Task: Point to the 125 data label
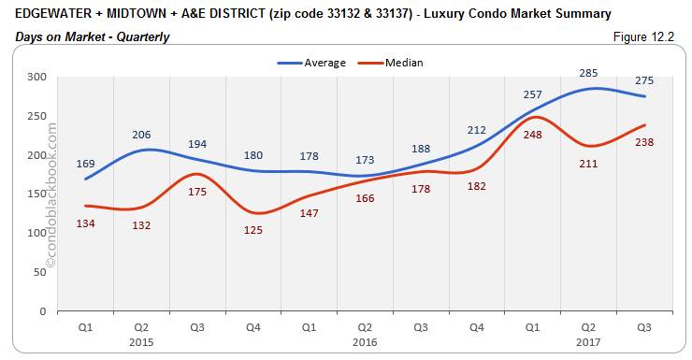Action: (252, 230)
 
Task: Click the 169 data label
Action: (85, 164)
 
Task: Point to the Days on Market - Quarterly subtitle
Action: (92, 36)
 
